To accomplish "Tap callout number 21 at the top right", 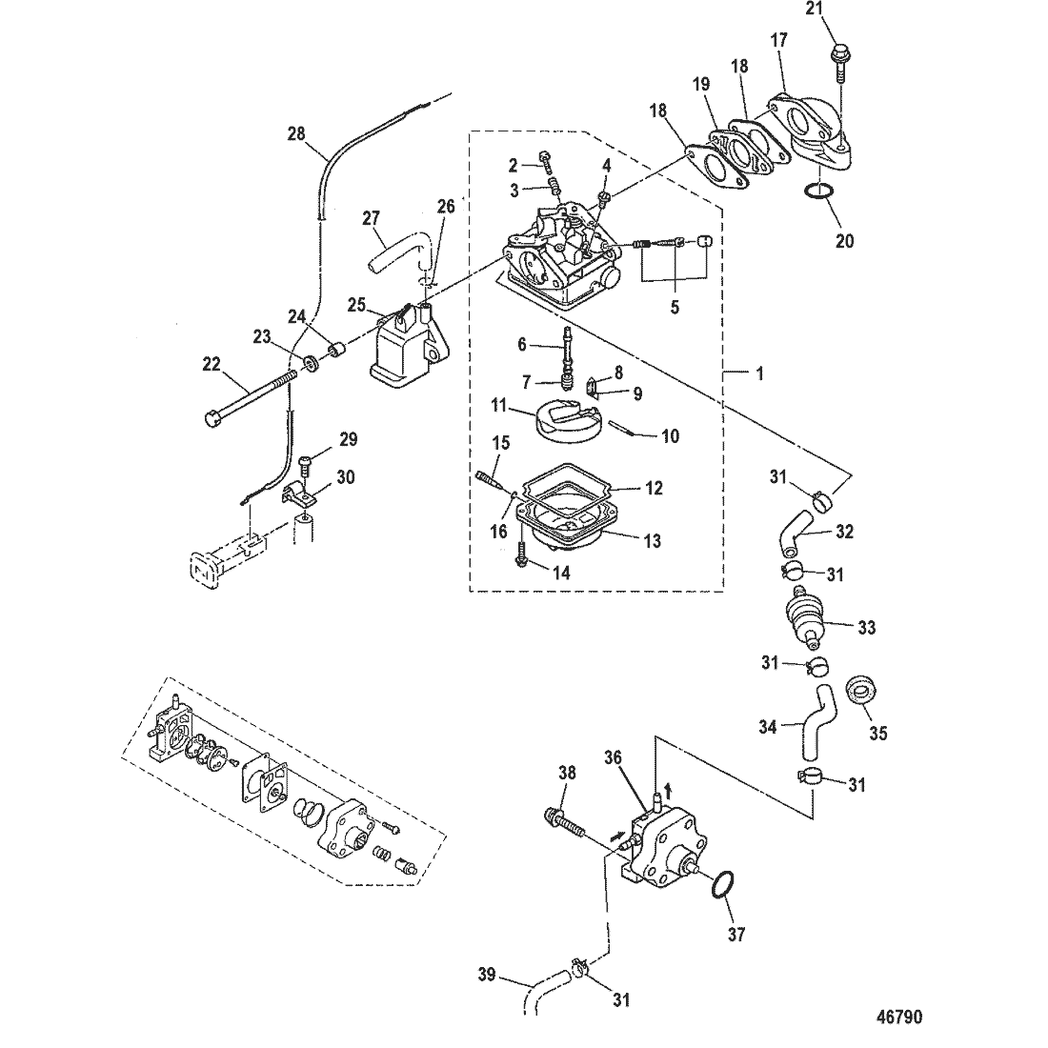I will (840, 10).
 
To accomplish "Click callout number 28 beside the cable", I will (297, 133).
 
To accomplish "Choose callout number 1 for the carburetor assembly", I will (759, 375).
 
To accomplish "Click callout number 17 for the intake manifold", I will (778, 41).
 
